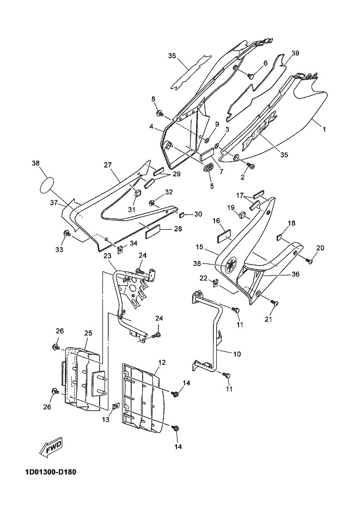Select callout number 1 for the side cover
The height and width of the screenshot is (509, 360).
[x=324, y=129]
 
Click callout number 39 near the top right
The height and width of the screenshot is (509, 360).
[x=295, y=53]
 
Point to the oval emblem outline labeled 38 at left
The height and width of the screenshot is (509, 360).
[x=46, y=185]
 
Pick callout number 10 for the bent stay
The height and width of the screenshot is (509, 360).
[x=237, y=353]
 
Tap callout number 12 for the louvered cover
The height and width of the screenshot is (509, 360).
[x=162, y=362]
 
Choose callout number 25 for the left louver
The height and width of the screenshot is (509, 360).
[x=88, y=333]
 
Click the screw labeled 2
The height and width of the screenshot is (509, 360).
[x=251, y=166]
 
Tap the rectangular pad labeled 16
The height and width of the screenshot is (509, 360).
[x=224, y=236]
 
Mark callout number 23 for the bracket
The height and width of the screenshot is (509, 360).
[x=108, y=256]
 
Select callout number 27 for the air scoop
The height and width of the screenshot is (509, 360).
[x=108, y=165]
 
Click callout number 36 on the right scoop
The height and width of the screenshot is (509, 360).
[x=296, y=274]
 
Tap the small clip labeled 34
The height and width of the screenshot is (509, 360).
[x=120, y=250]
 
